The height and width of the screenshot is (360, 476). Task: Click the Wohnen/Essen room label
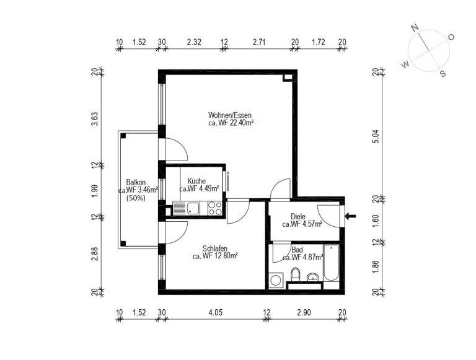coord(230,115)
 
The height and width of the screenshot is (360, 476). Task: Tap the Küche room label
coord(196,181)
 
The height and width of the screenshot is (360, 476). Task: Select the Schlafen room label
coord(215,248)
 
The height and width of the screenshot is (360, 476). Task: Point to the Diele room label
coord(297,217)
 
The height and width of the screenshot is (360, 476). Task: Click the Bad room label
coord(297,250)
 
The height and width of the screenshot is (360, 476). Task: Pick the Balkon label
coord(136,182)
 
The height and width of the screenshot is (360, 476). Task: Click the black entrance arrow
coord(350,216)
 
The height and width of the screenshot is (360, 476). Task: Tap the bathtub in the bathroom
coord(331,263)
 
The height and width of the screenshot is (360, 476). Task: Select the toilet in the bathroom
coord(295,274)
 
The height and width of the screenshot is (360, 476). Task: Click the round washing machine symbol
coord(276,280)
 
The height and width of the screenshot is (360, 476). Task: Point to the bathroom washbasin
coord(312,277)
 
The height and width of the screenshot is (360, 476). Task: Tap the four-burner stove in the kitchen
coord(215,208)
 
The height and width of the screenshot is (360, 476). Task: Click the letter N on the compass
coord(415,28)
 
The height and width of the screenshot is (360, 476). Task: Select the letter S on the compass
coord(443,74)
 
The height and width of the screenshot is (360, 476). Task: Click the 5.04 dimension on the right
coord(376,136)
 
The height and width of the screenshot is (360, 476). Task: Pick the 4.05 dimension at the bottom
coord(216,312)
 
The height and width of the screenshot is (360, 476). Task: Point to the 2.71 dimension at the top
coord(259,42)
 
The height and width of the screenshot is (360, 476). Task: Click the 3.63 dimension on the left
coord(95,119)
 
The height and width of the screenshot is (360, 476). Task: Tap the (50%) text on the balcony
coord(136,198)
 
